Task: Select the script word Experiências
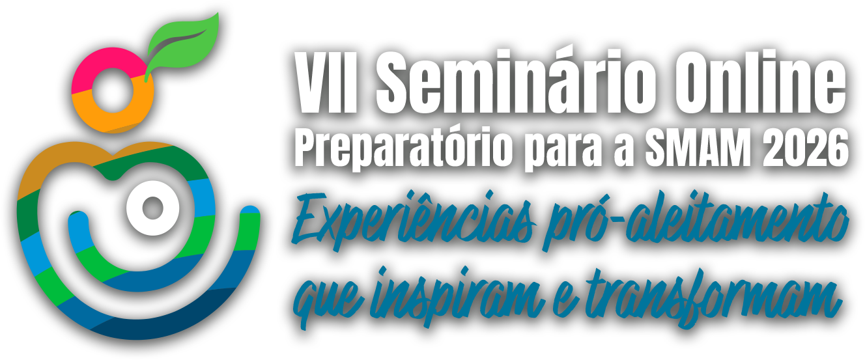pos(413,219)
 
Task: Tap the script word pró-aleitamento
pos(696,220)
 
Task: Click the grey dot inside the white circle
pos(153,208)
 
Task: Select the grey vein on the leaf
pos(178,42)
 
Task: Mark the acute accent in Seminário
pos(574,56)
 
